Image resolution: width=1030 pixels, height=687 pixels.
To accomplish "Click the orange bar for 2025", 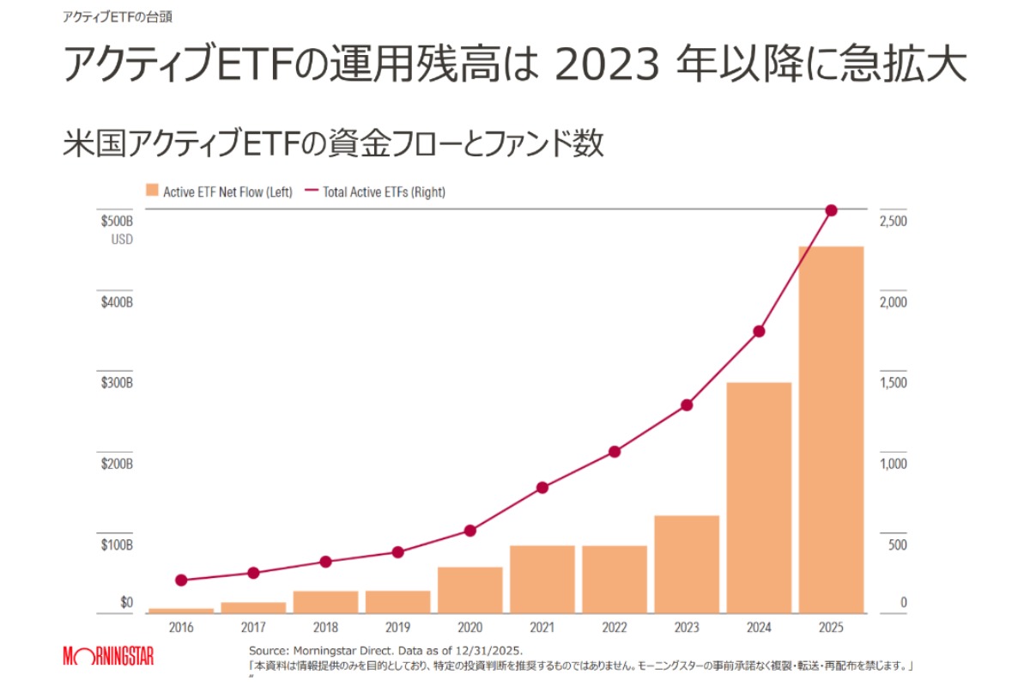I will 831,429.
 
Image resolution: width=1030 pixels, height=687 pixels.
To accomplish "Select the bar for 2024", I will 759,497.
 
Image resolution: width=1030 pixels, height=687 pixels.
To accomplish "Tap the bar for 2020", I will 470,590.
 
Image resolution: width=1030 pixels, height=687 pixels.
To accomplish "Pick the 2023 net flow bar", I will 687,564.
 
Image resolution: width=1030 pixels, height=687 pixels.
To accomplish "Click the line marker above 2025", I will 831,210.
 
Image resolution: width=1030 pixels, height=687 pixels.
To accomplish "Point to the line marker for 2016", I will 181,581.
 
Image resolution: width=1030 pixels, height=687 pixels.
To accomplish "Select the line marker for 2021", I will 542,488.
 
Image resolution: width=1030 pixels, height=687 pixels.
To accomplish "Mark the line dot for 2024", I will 759,331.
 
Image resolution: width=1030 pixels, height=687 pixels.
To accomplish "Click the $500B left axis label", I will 117,222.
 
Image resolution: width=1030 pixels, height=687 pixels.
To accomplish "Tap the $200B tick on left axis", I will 117,465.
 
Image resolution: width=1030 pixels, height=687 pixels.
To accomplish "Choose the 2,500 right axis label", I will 893,222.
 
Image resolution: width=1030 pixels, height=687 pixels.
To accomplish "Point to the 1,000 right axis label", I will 893,465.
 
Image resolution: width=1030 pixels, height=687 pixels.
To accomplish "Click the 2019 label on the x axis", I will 397,628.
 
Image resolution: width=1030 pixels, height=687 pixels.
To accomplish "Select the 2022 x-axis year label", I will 614,628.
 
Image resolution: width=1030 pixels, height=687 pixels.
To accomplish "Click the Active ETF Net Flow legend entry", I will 220,192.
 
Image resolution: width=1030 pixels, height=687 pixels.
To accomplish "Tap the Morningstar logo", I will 109,657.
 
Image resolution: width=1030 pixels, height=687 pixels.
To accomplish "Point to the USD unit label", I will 122,240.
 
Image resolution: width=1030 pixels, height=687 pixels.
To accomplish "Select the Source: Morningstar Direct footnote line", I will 385,650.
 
